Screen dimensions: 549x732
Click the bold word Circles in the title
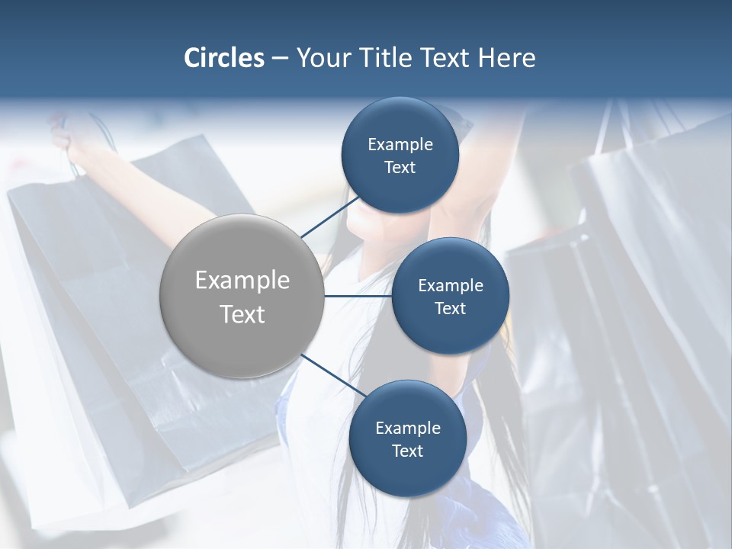pos(223,58)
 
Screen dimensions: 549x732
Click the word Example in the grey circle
pos(242,281)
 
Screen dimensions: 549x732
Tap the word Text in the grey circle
pos(242,314)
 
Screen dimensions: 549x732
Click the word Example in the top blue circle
pos(400,144)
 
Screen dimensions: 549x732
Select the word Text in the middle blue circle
pos(450,308)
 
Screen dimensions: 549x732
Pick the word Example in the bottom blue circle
pos(408,428)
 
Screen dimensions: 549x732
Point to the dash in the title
pos(280,59)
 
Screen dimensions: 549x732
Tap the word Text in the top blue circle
pos(400,167)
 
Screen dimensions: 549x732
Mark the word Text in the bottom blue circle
pos(407,451)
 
